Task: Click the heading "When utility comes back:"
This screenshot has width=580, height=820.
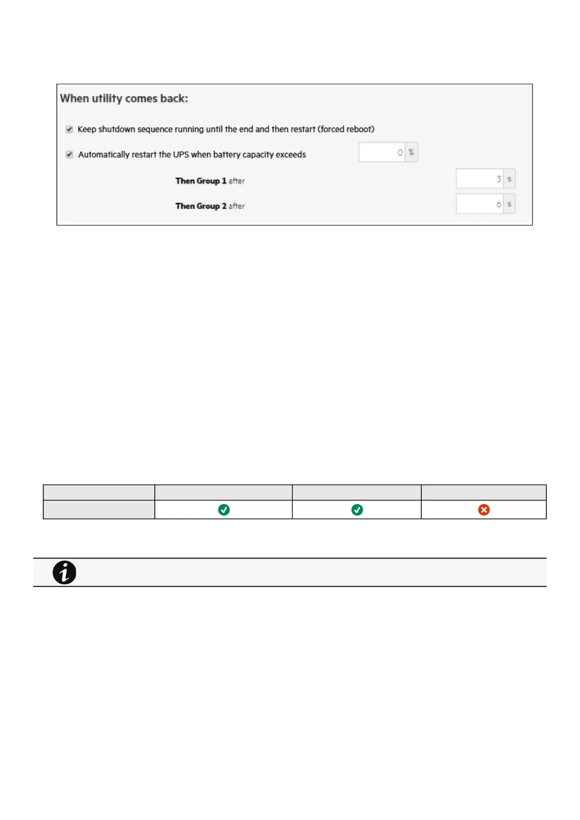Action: pos(124,98)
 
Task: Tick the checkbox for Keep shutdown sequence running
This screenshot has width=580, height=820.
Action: pos(69,129)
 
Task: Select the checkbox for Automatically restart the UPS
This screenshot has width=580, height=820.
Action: pos(69,154)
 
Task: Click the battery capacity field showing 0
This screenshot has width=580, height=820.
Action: pos(382,152)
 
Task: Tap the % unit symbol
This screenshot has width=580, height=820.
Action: pos(412,152)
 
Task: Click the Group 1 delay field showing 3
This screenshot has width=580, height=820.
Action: pos(480,179)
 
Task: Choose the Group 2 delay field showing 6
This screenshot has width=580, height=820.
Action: pos(480,204)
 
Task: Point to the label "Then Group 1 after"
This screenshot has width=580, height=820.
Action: pos(210,181)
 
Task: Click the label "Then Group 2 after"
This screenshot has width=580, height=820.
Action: pos(210,206)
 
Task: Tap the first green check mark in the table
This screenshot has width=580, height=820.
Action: pos(224,510)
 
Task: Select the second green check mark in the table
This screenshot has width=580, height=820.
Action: pos(357,510)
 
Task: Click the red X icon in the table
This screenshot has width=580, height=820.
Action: pos(484,510)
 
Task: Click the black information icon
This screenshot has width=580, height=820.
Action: pos(64,573)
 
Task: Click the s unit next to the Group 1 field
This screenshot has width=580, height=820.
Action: pos(509,179)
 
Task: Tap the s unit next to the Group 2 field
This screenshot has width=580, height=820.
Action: pos(509,204)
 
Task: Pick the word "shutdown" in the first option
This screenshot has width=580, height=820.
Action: pos(117,129)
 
